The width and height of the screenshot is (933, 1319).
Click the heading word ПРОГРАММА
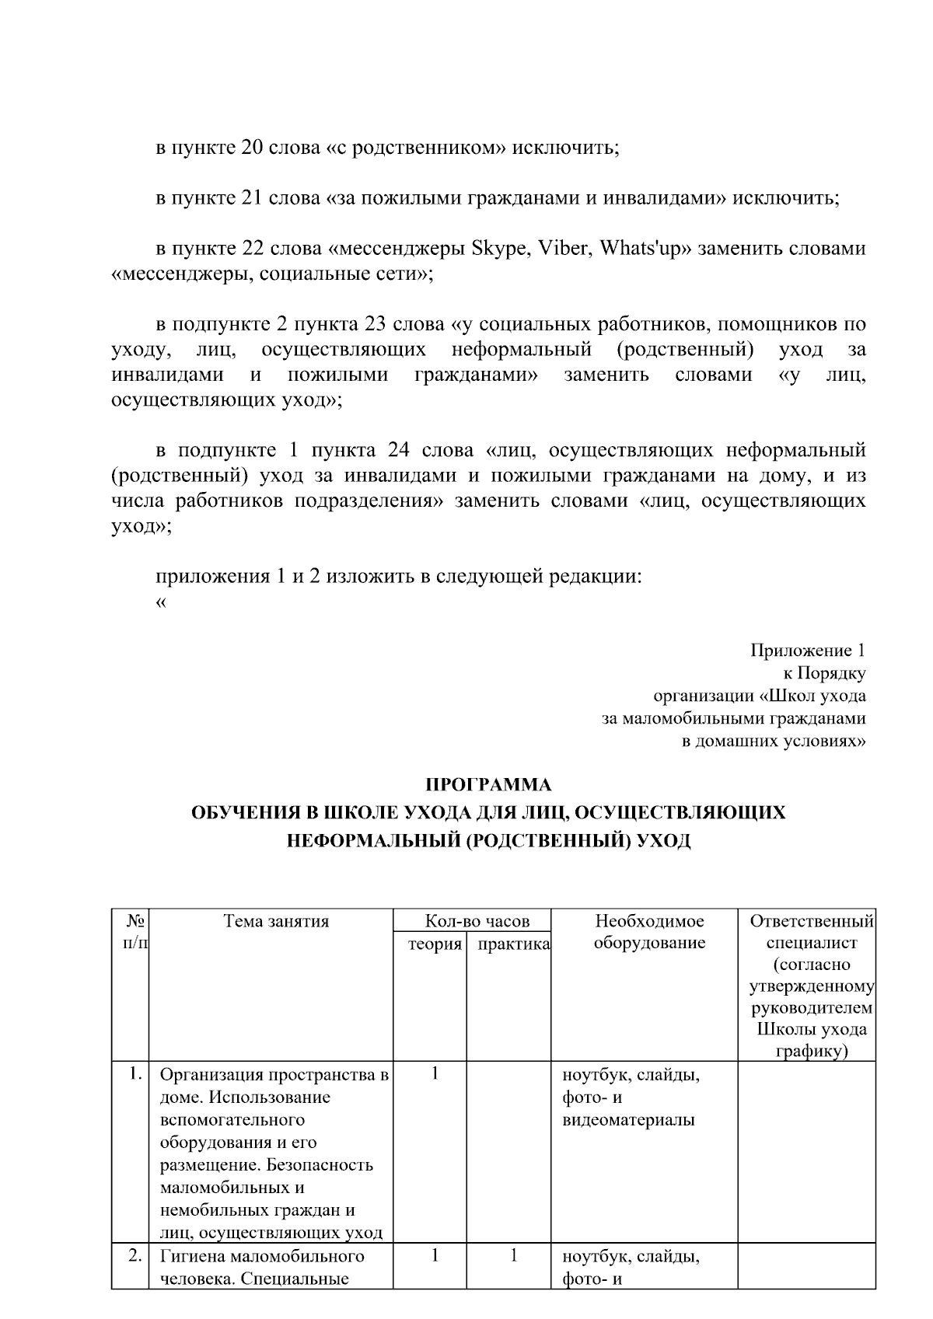point(488,785)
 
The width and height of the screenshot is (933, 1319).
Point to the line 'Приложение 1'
point(808,650)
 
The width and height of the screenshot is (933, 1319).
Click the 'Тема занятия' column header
point(276,921)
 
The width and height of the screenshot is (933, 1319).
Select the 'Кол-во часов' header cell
point(477,921)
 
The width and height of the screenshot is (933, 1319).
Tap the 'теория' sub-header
point(435,944)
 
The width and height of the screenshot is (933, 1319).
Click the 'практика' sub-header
point(514,944)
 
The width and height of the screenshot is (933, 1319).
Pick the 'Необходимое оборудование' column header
point(649,932)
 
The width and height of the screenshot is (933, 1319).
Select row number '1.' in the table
point(135,1075)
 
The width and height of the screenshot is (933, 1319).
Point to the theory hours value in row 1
point(435,1075)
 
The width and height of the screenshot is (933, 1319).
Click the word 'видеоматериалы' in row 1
point(628,1120)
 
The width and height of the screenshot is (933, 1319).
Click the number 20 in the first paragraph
point(253,148)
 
